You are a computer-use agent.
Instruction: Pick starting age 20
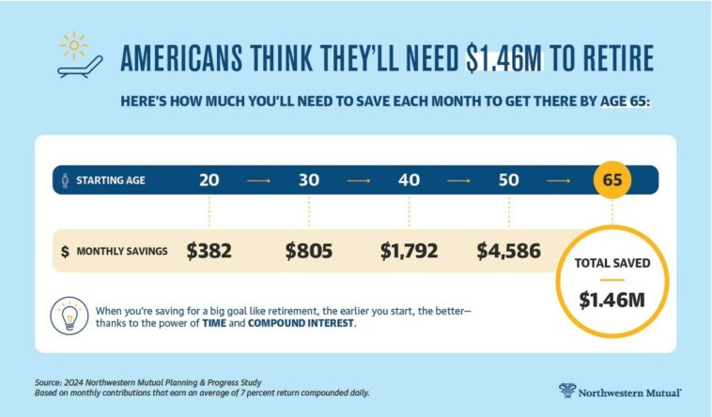(210, 180)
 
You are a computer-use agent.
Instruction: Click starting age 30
(309, 180)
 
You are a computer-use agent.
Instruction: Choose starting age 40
(409, 180)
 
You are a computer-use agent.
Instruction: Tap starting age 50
(508, 180)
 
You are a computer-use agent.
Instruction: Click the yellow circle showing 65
(612, 180)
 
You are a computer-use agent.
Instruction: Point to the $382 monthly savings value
(209, 251)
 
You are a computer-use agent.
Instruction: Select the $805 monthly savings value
(309, 251)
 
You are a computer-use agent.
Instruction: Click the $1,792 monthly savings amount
(409, 251)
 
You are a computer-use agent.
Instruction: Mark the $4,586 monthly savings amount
(508, 251)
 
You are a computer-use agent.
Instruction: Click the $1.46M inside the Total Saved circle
(612, 301)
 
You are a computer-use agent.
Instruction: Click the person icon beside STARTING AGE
(64, 180)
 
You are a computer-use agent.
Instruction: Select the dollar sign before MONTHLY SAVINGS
(64, 252)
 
